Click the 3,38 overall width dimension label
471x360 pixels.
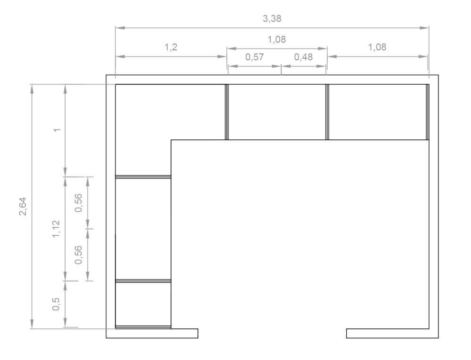272,19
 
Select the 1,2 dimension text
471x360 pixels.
171,47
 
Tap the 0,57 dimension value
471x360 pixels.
254,57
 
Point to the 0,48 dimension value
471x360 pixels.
303,57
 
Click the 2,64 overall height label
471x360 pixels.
23,207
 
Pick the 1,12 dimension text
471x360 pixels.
56,229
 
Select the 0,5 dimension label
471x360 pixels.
56,304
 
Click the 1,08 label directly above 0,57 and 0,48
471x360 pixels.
276,40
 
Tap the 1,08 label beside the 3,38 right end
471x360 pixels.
377,47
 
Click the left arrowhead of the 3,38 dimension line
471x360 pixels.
120,28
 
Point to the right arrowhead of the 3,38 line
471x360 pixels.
424,28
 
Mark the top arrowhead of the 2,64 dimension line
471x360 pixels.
32,89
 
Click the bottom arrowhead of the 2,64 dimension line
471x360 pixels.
32,324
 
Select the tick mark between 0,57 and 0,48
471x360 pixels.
281,70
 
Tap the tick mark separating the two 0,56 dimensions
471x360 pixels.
88,229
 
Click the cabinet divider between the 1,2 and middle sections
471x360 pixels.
227,112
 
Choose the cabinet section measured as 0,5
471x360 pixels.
143,304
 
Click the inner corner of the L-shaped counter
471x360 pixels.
171,140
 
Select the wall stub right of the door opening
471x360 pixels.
392,333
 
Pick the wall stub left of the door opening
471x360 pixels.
152,333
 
